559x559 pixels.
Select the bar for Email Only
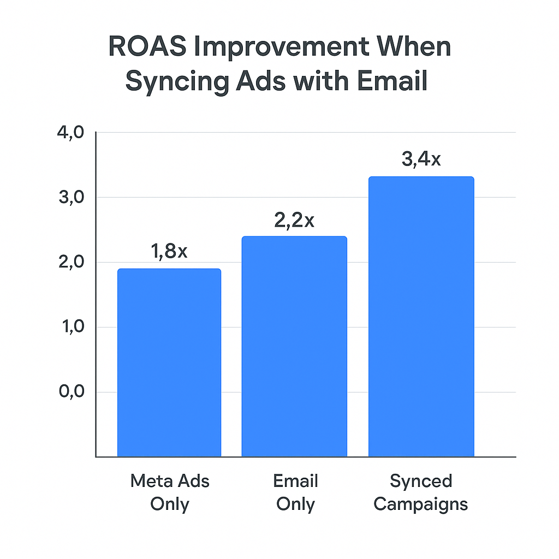(x=294, y=346)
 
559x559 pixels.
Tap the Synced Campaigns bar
(x=421, y=316)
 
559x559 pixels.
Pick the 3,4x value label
(x=421, y=160)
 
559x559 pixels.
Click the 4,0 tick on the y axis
(x=70, y=133)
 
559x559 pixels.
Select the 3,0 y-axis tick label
(x=70, y=198)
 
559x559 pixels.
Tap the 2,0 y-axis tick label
(x=70, y=263)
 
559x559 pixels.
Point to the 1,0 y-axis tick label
(x=70, y=328)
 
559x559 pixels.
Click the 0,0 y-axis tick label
(x=70, y=393)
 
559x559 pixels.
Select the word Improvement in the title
(x=283, y=47)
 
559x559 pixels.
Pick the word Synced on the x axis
(x=421, y=481)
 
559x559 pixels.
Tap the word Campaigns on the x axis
(x=421, y=503)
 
